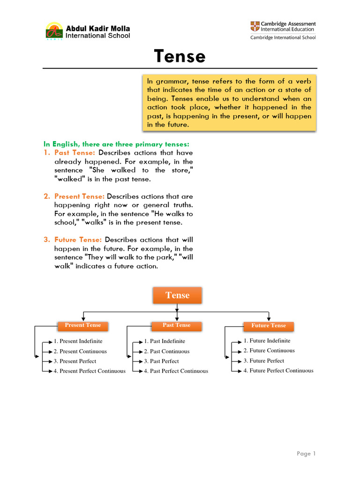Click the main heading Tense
pos(180,57)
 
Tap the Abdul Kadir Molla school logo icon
pos(54,31)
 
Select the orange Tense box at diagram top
pos(177,295)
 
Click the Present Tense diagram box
pos(82,325)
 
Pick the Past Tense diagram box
pos(176,325)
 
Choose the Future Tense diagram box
pos(269,326)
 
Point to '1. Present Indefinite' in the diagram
pos(78,341)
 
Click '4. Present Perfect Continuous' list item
pos(90,371)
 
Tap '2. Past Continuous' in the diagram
pos(167,352)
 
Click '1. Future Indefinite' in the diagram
pos(267,341)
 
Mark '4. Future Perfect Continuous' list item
pos(278,370)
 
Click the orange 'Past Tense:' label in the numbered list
pos(75,153)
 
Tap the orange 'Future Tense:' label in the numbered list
pos(78,240)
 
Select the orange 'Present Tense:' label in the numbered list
pos(79,196)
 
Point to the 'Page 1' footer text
pos(307,453)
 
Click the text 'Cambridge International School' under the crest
pos(283,37)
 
